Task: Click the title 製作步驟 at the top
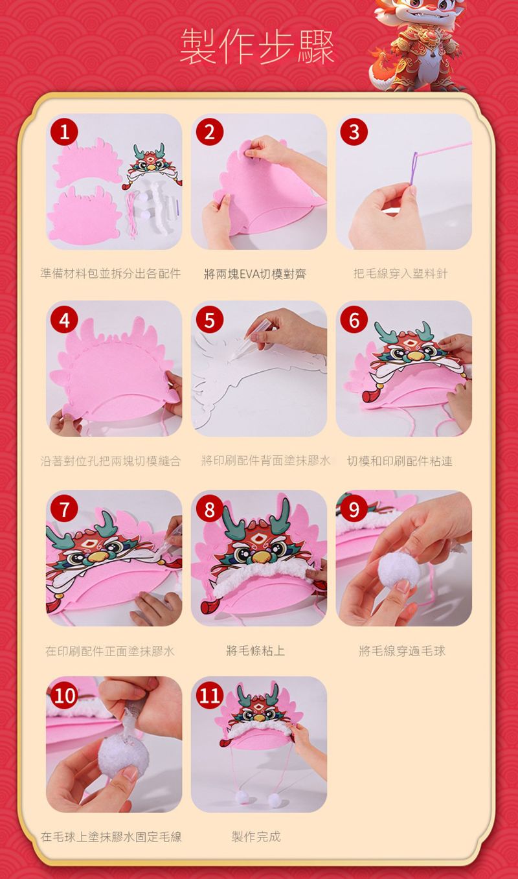[257, 47]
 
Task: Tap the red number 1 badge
[64, 132]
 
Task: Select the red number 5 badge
[209, 319]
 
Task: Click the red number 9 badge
[354, 509]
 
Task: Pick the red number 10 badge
[64, 696]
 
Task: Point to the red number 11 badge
[209, 696]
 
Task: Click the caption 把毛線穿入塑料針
[400, 273]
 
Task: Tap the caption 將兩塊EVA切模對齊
[255, 273]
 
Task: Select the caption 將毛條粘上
[256, 650]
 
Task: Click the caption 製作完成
[256, 836]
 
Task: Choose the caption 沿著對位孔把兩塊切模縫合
[111, 461]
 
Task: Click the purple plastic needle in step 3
[414, 168]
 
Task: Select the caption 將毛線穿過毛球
[402, 650]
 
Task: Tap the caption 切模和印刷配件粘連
[400, 461]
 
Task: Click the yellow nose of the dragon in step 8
[258, 556]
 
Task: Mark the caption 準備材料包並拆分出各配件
[111, 273]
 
